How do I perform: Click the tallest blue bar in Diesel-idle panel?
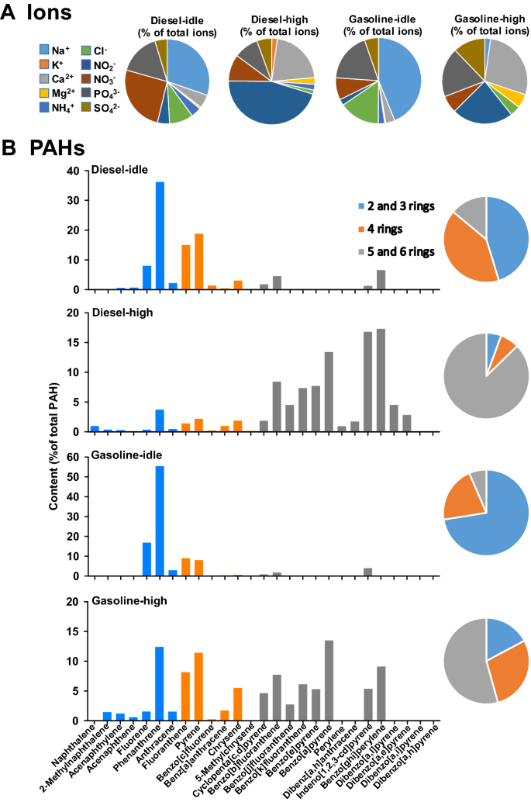pyautogui.click(x=160, y=236)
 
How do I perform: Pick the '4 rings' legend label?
pyautogui.click(x=381, y=230)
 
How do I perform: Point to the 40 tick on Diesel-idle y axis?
pyautogui.click(x=76, y=171)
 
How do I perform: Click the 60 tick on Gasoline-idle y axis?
pyautogui.click(x=76, y=458)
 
